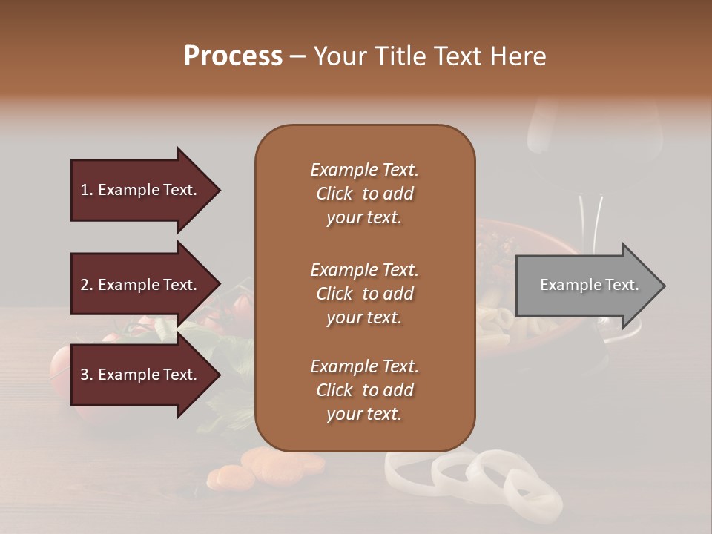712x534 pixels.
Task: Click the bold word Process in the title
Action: click(233, 56)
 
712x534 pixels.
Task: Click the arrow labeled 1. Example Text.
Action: click(141, 190)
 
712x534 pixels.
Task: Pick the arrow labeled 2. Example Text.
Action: click(141, 285)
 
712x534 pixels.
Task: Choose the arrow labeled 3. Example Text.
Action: click(141, 375)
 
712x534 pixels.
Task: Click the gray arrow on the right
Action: click(586, 286)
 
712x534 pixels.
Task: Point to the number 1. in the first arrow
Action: click(88, 190)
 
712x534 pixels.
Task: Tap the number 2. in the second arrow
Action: click(88, 285)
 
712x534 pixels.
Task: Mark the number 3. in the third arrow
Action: click(88, 375)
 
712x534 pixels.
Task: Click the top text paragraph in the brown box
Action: click(364, 194)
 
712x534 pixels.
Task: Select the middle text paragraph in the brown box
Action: click(364, 294)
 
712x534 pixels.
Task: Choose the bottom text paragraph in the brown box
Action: click(364, 390)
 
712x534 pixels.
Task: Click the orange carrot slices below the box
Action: click(267, 467)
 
